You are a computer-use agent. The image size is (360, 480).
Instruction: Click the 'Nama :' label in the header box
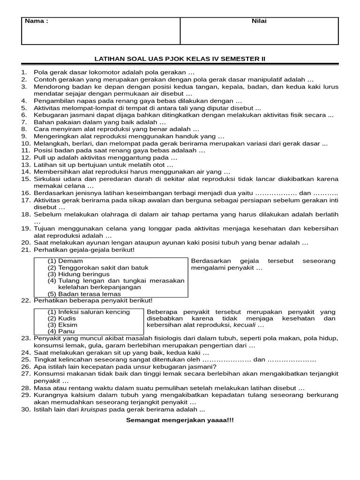(36, 21)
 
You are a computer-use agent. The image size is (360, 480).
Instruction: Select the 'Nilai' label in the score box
(259, 21)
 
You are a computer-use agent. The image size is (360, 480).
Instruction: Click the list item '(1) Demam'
(65, 261)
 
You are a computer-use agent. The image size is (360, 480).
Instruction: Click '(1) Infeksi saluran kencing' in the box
(89, 312)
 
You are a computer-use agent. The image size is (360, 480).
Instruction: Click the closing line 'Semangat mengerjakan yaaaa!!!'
(180, 420)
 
